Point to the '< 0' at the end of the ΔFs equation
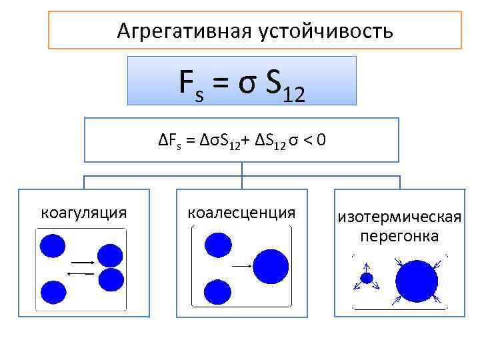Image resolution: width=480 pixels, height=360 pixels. coord(314,141)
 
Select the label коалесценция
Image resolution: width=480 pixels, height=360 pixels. coord(241,213)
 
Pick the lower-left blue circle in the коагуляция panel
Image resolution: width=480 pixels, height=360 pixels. coord(53,292)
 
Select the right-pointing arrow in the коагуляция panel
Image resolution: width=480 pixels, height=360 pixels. coord(81,263)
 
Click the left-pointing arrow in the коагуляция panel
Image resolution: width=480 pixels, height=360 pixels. coord(81,273)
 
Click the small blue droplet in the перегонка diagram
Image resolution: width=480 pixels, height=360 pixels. coord(366,278)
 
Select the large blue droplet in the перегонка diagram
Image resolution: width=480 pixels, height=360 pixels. coord(416,281)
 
